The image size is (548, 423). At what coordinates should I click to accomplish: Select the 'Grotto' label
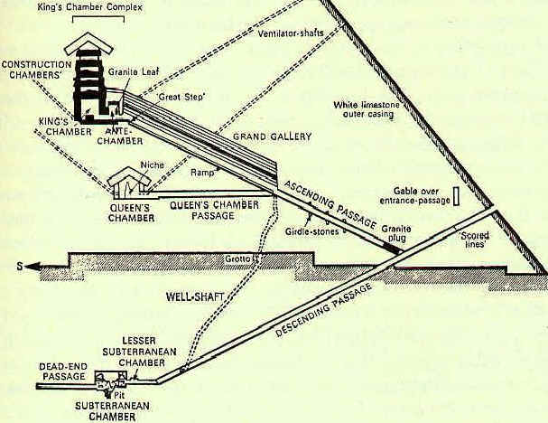237,261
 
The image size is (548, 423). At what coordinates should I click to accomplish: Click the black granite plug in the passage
392,247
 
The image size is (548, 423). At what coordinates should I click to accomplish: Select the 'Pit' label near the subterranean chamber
119,395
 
